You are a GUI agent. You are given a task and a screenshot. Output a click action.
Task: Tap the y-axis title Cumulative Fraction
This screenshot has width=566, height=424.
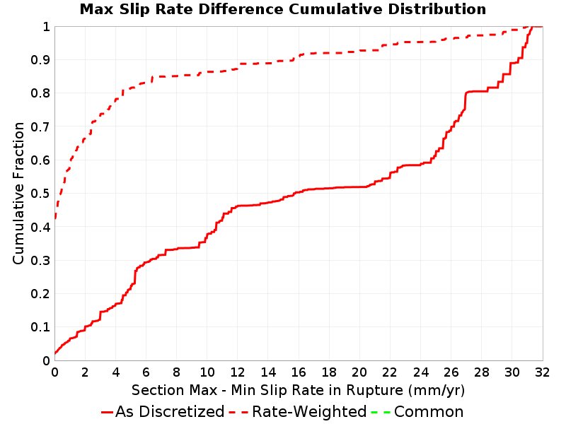18,193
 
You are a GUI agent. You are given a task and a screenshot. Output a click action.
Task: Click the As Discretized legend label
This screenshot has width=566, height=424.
170,411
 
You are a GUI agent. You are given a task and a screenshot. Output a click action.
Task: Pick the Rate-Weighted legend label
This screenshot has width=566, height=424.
309,411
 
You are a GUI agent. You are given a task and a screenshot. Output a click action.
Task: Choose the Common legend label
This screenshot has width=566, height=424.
429,411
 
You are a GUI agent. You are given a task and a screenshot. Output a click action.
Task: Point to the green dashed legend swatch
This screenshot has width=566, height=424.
381,412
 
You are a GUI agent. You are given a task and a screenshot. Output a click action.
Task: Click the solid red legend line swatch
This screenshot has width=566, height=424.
107,412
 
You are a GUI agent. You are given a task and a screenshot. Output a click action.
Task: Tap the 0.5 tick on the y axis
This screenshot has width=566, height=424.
40,193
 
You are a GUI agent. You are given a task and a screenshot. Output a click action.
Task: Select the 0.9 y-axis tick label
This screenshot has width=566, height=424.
40,59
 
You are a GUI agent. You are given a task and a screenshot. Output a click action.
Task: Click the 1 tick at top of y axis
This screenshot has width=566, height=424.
46,26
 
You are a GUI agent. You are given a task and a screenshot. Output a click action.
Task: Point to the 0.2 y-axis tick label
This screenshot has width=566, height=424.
40,293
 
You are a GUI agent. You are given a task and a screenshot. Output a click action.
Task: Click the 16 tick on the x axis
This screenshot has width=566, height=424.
299,372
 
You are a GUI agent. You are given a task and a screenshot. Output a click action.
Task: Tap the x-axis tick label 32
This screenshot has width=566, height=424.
542,372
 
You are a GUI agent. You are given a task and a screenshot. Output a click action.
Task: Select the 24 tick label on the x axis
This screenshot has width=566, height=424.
420,372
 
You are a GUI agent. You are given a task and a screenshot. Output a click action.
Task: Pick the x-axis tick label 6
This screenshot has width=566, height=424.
146,372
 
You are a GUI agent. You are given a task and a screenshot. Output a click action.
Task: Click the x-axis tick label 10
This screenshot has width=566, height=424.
207,372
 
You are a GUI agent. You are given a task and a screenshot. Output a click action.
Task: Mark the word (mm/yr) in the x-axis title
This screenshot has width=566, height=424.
437,391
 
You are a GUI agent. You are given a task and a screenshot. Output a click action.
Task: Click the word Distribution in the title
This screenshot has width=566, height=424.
437,9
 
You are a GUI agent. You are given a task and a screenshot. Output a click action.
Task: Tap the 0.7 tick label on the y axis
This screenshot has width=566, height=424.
40,126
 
